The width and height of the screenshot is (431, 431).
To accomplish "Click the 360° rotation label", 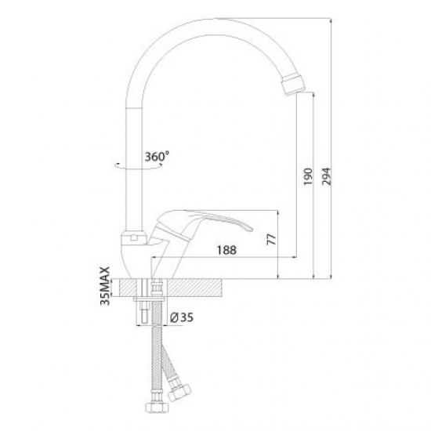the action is coord(157,157).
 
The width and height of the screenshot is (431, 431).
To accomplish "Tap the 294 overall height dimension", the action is coord(327,176).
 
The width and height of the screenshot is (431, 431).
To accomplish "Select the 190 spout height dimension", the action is coord(308,176).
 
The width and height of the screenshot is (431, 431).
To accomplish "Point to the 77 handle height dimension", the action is coord(271,240).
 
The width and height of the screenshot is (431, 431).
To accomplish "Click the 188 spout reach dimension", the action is coord(226,250).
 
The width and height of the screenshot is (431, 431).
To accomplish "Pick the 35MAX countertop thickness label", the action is coord(106,286).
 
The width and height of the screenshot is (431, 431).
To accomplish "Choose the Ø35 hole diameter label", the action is coord(182,317).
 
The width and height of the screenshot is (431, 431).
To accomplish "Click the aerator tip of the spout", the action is coord(293,85).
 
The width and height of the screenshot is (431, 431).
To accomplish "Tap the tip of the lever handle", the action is coord(250,228).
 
